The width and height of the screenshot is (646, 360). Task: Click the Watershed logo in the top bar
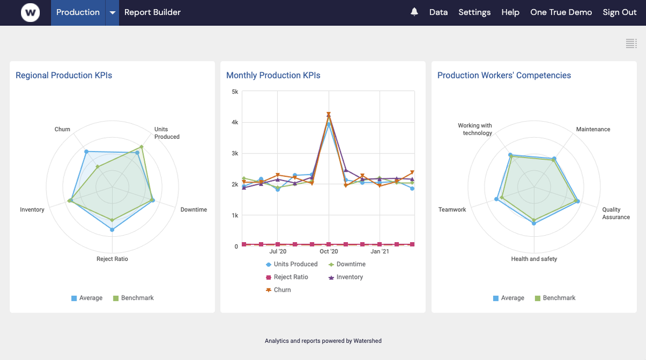[x=30, y=12]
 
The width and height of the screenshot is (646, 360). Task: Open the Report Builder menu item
[x=152, y=12]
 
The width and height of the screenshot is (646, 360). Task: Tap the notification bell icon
[x=414, y=12]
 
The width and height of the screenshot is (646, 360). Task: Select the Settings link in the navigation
[x=474, y=12]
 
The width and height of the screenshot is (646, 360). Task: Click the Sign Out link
[x=620, y=12]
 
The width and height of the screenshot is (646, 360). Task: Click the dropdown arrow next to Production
[x=112, y=12]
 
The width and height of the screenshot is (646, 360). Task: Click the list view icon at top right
[x=631, y=44]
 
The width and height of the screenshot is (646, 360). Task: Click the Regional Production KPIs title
[x=64, y=75]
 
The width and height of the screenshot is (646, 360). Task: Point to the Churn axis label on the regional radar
[x=62, y=129]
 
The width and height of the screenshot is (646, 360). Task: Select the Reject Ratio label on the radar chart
[x=112, y=259]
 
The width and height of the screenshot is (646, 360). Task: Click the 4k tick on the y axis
[x=235, y=122]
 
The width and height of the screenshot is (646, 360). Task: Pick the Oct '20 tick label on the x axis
[x=328, y=251]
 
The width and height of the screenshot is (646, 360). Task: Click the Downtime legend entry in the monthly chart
[x=350, y=264]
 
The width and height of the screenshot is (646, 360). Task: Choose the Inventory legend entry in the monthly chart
[x=349, y=277]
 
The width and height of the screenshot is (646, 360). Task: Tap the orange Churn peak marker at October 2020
[x=328, y=114]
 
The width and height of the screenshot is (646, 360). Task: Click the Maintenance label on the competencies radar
[x=593, y=129]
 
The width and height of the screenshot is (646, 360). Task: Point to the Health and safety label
[x=534, y=259]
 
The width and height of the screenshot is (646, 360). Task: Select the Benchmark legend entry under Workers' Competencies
[x=559, y=298]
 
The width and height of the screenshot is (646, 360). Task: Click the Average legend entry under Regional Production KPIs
[x=90, y=298]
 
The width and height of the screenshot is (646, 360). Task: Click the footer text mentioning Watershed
[x=323, y=341]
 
